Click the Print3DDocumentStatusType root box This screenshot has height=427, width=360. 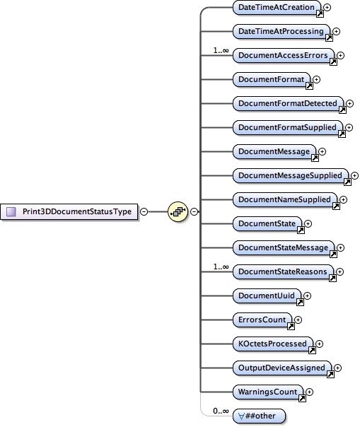click(x=71, y=211)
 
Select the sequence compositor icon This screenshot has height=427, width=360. click(x=178, y=211)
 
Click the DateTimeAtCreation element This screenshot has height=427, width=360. click(x=277, y=7)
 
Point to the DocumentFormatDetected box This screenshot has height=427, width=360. click(x=288, y=103)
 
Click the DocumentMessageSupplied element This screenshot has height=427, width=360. click(x=290, y=175)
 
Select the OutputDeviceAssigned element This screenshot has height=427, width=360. click(x=282, y=368)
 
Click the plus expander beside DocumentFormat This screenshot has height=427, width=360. click(x=316, y=80)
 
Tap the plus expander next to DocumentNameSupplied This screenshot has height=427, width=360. click(x=343, y=200)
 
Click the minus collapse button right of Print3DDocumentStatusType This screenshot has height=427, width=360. click(x=144, y=211)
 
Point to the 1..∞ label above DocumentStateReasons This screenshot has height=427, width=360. click(x=221, y=266)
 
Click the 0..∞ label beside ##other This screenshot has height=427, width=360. click(x=221, y=411)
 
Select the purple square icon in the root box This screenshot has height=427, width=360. click(x=11, y=211)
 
